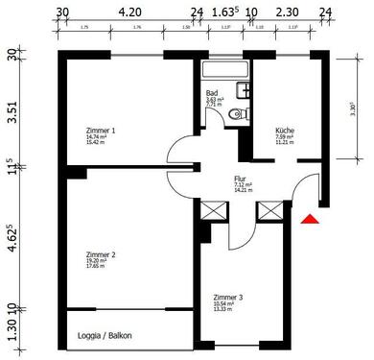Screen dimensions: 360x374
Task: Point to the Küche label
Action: click(285, 130)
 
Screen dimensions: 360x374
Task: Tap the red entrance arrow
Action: click(309, 223)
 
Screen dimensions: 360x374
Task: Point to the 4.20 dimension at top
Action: click(129, 14)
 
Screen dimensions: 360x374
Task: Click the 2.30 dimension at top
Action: click(287, 14)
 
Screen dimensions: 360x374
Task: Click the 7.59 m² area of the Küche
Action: click(285, 136)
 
